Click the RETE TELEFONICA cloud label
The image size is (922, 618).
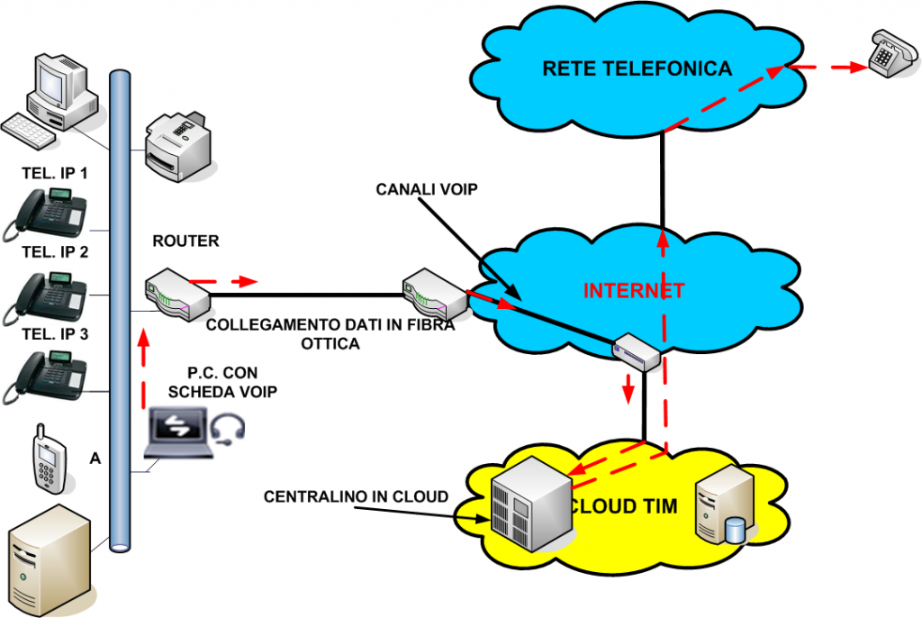(637, 68)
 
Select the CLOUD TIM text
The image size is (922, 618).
(619, 506)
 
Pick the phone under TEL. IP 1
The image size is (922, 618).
(45, 215)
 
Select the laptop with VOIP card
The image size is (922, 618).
(181, 433)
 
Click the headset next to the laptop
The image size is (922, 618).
(230, 429)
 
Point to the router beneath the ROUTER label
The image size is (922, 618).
(176, 290)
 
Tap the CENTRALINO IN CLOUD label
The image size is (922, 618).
(356, 496)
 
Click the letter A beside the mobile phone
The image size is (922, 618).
(95, 458)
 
